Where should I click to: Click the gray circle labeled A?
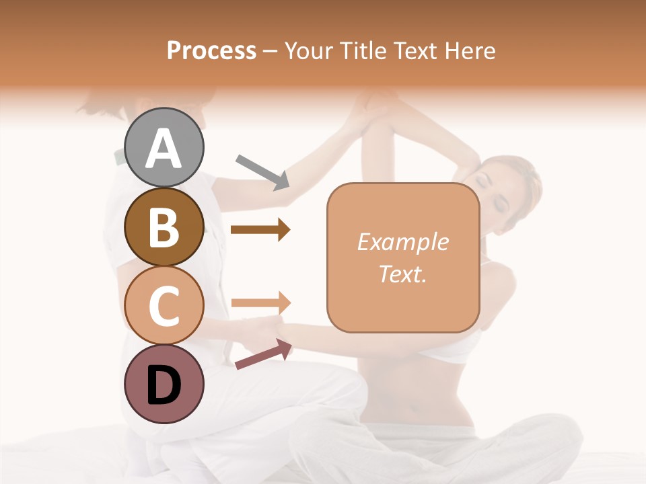click(164, 147)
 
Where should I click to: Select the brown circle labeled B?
click(164, 227)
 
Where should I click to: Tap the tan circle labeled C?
click(164, 305)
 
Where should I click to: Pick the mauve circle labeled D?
click(164, 385)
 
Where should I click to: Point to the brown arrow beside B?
click(260, 230)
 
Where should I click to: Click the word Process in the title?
click(211, 50)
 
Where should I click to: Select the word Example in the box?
click(402, 242)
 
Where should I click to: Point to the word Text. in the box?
click(402, 274)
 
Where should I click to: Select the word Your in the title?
click(309, 50)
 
